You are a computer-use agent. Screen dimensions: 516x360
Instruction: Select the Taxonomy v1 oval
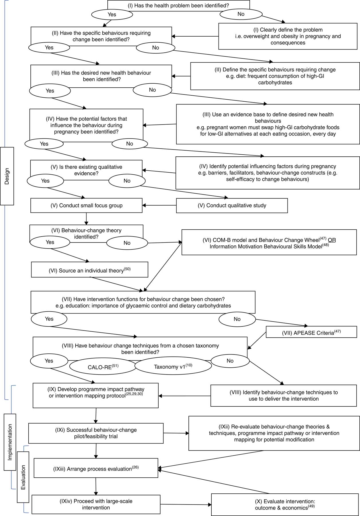[x=173, y=366]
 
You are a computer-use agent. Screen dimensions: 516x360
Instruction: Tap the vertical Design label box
[x=7, y=176]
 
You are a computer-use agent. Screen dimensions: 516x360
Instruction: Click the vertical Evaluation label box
[x=23, y=477]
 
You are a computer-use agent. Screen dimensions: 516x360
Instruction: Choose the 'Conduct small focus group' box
[x=86, y=206]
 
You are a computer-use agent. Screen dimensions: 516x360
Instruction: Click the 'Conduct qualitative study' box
[x=232, y=206]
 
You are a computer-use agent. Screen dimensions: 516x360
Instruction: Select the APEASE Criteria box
[x=311, y=332]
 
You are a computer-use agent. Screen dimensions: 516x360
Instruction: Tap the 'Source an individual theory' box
[x=89, y=270]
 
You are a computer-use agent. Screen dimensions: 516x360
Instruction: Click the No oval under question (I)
[x=241, y=14]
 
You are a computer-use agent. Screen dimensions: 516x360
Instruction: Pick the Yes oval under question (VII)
[x=49, y=319]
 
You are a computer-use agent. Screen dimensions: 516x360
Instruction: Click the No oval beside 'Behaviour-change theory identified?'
[x=127, y=243]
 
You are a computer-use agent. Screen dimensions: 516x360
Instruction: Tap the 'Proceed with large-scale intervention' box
[x=96, y=504]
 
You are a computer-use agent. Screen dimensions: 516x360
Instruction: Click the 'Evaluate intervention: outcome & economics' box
[x=285, y=504]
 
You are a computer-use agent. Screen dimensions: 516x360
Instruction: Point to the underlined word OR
[x=332, y=240]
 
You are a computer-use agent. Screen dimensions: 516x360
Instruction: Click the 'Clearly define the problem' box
[x=288, y=36]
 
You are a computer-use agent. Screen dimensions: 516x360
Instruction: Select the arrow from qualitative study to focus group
[x=159, y=205]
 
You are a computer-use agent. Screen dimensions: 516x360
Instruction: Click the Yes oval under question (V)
[x=45, y=181]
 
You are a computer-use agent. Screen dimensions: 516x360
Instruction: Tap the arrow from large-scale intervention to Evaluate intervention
[x=185, y=505]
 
